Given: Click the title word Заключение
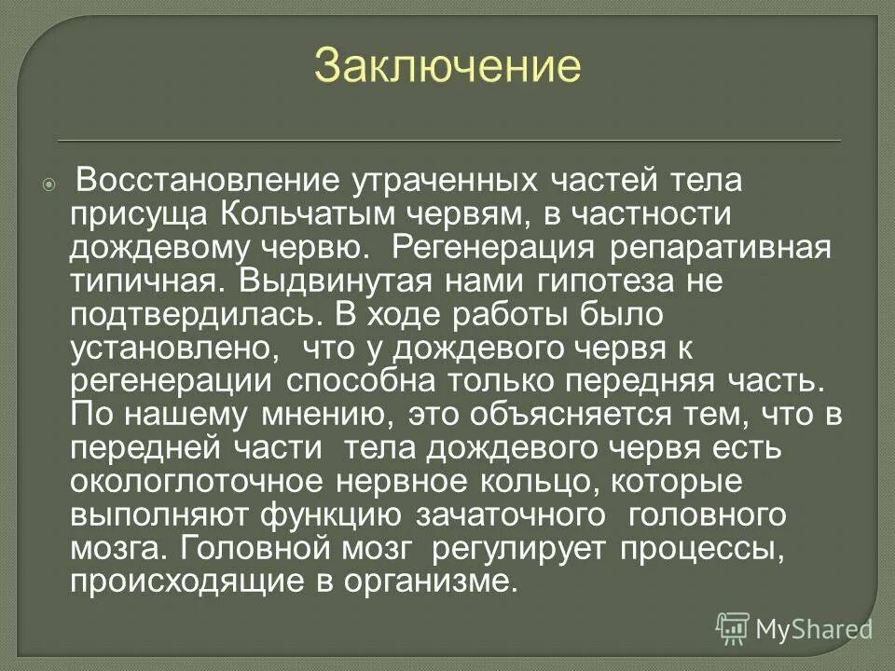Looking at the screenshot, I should click(x=447, y=66).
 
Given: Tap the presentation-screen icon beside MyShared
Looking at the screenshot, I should click(x=733, y=629).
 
